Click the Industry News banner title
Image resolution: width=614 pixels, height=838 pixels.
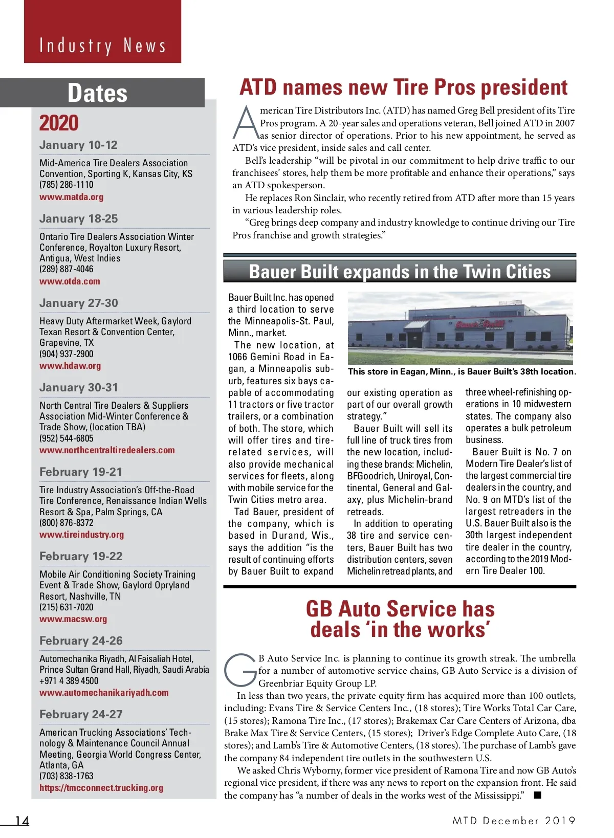coord(103,46)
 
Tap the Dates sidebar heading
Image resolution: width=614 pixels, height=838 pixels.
coord(97,93)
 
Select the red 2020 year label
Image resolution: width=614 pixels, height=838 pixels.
coord(59,123)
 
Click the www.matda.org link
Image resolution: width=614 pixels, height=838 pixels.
coord(71,197)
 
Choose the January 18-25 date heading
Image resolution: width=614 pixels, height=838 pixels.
coord(78,218)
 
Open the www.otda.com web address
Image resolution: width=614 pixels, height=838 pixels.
coord(70,281)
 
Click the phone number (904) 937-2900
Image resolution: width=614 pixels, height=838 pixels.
coord(67,354)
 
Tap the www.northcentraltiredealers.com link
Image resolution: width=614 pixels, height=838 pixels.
coord(107,450)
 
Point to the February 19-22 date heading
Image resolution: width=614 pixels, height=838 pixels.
coord(81,556)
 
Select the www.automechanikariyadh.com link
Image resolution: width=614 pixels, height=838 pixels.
coord(104,693)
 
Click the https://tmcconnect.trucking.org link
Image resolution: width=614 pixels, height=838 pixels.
coord(101,788)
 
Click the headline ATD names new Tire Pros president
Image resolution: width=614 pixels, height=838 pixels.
coord(403,87)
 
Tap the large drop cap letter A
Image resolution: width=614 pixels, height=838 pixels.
coord(246,123)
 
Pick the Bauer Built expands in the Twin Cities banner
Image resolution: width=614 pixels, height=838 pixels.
coord(400,272)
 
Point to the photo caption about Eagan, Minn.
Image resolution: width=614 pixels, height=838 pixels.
coord(462,372)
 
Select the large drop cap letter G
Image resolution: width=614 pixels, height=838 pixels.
coord(240,669)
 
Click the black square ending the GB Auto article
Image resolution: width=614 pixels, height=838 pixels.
coord(537,795)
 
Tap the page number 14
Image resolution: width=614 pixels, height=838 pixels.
coord(22,821)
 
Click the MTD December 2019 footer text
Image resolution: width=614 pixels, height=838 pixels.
coord(514,821)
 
